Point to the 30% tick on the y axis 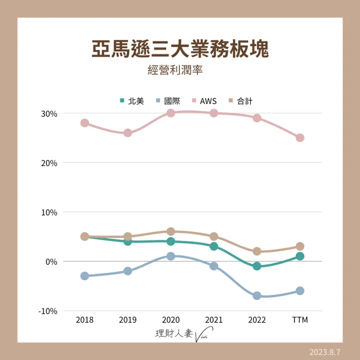click(50, 113)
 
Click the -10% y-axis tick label click(48, 311)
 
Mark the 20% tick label click(50, 163)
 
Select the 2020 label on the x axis click(171, 320)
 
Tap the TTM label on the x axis click(300, 320)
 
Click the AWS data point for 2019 click(127, 133)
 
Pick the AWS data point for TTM click(300, 138)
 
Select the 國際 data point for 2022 click(257, 296)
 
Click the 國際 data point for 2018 click(85, 276)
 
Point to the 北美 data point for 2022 click(257, 266)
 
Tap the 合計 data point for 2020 click(171, 232)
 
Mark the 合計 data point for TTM click(300, 246)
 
